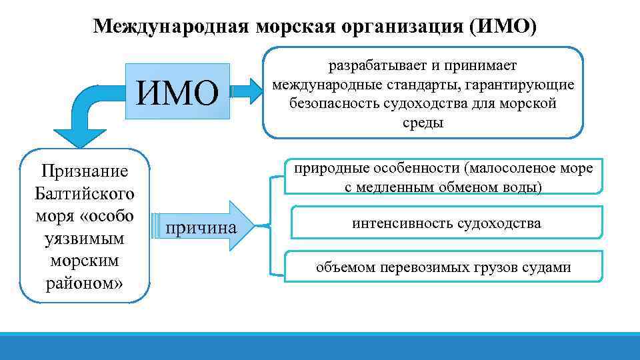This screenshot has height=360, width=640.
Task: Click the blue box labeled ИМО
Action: [178, 93]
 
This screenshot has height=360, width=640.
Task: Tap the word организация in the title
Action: [398, 26]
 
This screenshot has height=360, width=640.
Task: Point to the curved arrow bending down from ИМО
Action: [87, 117]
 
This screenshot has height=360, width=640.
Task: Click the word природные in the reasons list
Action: [325, 169]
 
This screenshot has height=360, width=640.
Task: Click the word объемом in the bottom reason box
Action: [345, 267]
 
